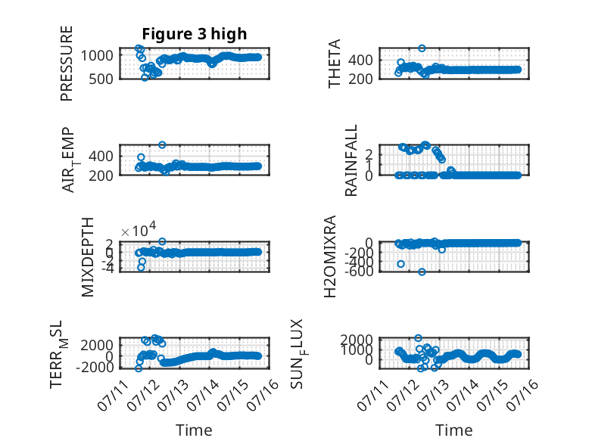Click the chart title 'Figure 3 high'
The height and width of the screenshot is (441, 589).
coord(195,34)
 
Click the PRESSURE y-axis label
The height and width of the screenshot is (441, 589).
coord(66,64)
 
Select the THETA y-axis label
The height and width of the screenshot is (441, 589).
coord(334,64)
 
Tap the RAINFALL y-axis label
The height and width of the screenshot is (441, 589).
coord(351,160)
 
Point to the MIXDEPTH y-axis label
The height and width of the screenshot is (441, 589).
coord(87,257)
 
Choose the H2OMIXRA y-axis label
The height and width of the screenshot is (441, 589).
coord(329,256)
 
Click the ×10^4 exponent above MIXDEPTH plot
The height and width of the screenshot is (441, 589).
coord(139,230)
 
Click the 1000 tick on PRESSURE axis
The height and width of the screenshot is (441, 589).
coord(97,55)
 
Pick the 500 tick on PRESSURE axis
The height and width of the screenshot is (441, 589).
coord(101,79)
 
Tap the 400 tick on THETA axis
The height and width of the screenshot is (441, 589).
coord(360,60)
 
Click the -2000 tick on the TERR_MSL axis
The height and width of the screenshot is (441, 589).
coord(95,367)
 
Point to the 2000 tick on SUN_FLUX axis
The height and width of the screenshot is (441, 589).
coord(357,340)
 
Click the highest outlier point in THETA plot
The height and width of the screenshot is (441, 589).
coord(422,48)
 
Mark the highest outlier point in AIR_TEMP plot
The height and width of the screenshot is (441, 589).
coord(162,145)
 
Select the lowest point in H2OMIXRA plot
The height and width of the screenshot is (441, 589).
coord(422,272)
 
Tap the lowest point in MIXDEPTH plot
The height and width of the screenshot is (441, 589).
coord(141,268)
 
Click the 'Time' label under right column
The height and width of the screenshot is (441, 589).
coord(453,430)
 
